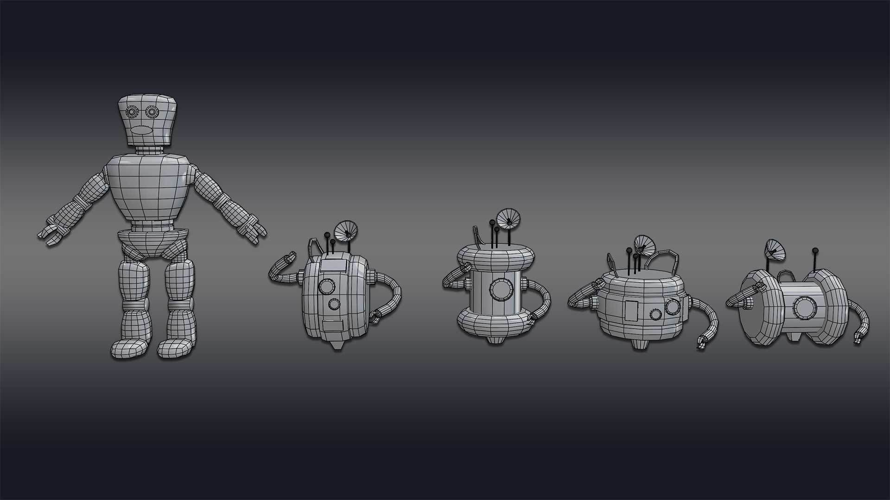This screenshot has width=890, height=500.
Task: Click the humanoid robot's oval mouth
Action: coord(141,131)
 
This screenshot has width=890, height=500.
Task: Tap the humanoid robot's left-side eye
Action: coord(132,112)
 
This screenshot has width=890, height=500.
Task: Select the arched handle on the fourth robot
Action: coord(664,259)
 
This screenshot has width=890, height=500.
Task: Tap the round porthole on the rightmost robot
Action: coord(802,306)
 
